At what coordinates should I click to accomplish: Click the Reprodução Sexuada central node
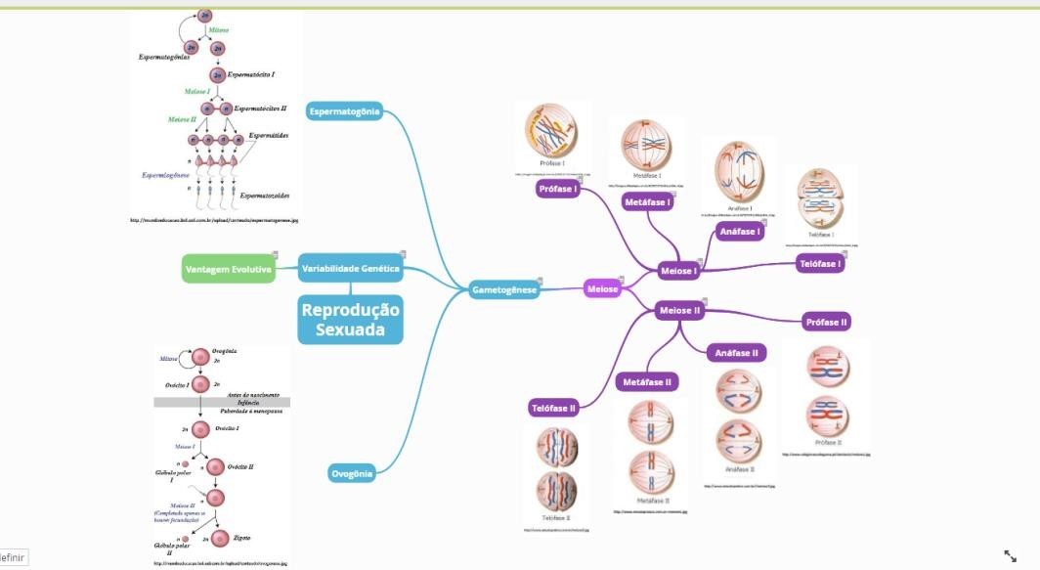click(350, 320)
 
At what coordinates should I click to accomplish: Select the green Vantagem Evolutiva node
click(229, 269)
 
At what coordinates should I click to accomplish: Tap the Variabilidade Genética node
click(350, 268)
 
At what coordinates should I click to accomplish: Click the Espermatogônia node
click(344, 111)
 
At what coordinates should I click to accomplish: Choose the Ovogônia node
click(352, 474)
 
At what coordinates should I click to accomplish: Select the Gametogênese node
click(503, 289)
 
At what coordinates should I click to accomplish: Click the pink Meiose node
click(602, 288)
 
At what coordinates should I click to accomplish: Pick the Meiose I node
click(678, 271)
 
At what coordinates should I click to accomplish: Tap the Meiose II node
click(680, 311)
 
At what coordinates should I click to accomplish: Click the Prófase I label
click(557, 190)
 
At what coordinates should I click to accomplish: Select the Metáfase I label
click(648, 202)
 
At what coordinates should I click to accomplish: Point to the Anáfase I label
click(739, 232)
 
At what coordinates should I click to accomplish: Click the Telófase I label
click(820, 264)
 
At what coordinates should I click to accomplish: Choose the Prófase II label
click(826, 322)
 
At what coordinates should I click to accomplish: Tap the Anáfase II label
click(737, 353)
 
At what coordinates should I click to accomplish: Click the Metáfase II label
click(647, 382)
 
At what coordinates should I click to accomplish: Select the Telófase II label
click(553, 408)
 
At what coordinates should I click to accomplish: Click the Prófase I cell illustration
click(552, 134)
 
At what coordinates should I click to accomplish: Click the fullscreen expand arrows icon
click(1011, 555)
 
